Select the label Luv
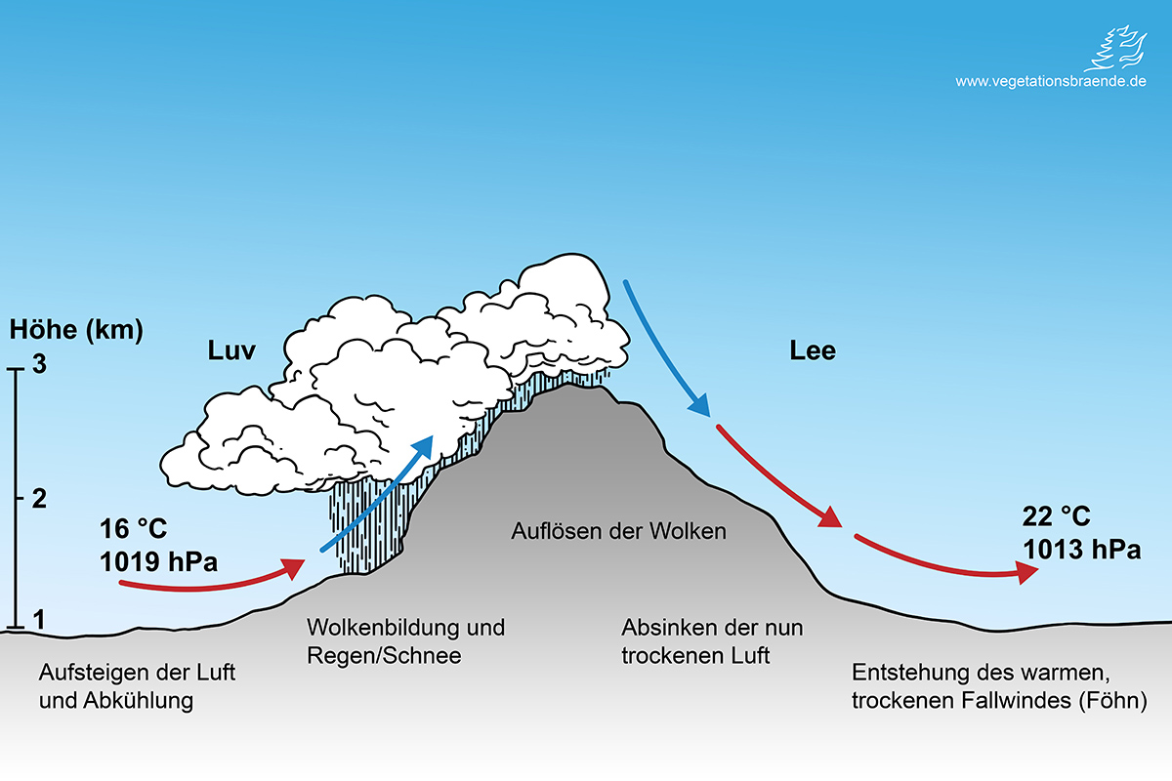(x=230, y=350)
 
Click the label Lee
(x=813, y=350)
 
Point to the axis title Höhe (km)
(x=76, y=330)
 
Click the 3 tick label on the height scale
(x=40, y=367)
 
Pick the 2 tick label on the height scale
(x=40, y=499)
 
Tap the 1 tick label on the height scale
(x=40, y=619)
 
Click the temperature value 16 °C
(x=133, y=530)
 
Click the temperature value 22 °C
(x=1057, y=517)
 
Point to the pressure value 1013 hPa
(x=1082, y=549)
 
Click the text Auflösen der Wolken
(x=619, y=532)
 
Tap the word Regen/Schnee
(x=384, y=655)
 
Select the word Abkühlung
(x=136, y=700)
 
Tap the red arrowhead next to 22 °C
(x=1025, y=575)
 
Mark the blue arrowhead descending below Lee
(x=699, y=403)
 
